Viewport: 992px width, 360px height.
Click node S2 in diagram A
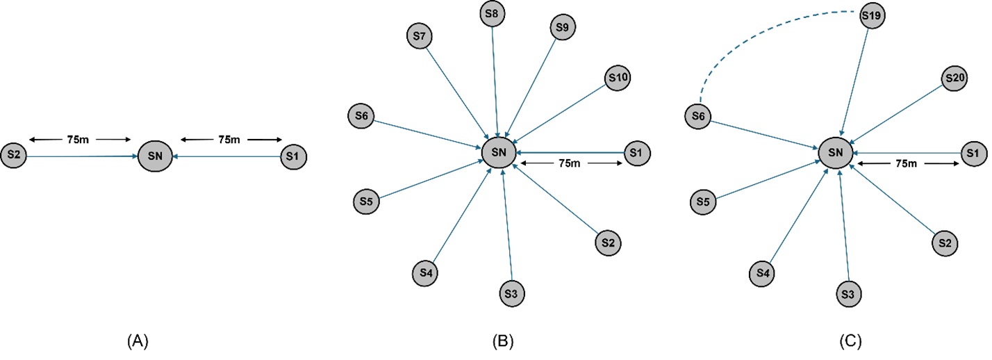click(14, 155)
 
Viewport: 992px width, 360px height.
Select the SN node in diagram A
click(155, 156)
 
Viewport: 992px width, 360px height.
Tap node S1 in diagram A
click(294, 156)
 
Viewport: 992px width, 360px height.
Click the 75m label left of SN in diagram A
click(78, 140)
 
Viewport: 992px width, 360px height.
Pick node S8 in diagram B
click(492, 14)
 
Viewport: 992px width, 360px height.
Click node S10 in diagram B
click(618, 78)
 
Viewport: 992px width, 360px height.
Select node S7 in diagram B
click(420, 36)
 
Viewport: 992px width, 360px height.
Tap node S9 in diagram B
click(563, 28)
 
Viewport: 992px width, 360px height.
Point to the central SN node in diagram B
click(499, 152)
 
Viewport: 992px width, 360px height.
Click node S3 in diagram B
click(511, 293)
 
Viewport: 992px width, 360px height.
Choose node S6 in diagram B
click(361, 116)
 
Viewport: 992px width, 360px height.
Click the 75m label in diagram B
click(570, 163)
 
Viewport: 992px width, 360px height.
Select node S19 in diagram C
click(872, 16)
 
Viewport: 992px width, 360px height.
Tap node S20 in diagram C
click(954, 79)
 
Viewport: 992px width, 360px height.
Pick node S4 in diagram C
click(762, 274)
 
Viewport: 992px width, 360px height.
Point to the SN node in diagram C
click(836, 153)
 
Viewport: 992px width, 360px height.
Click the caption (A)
click(138, 341)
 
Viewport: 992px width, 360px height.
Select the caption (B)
click(503, 341)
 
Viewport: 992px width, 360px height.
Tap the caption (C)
click(850, 341)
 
